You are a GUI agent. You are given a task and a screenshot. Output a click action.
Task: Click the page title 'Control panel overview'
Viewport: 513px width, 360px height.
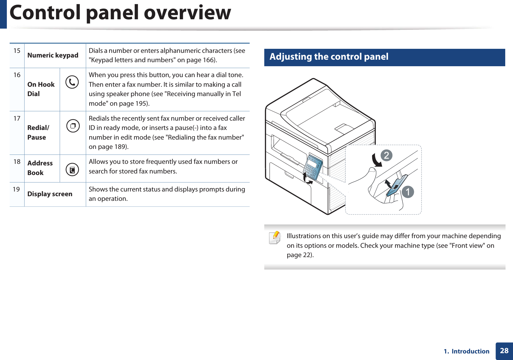[120, 13]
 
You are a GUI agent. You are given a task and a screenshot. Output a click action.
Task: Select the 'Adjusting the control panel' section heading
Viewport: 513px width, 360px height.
[329, 57]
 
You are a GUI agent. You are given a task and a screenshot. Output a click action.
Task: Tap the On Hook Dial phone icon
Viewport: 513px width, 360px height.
[72, 82]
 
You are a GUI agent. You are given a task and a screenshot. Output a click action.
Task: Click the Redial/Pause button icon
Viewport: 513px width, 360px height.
[73, 126]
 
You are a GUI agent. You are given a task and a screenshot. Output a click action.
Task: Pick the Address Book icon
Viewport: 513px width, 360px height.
[72, 170]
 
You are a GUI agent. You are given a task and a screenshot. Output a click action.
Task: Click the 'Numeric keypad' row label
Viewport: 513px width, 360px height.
[53, 55]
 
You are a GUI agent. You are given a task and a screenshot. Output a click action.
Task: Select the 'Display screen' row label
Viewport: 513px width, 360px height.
[50, 194]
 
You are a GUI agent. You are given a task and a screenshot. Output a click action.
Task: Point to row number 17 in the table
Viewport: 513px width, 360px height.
[17, 118]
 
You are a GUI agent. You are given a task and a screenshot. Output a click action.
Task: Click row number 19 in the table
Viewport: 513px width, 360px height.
[16, 189]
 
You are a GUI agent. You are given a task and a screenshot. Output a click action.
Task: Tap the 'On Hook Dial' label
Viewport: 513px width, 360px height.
[41, 89]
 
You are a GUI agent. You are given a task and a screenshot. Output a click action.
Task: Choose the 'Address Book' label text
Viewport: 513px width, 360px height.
[40, 168]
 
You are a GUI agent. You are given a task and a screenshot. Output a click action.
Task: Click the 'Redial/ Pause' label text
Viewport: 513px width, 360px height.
[38, 132]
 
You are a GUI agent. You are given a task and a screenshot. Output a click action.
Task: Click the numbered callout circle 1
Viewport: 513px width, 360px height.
[408, 192]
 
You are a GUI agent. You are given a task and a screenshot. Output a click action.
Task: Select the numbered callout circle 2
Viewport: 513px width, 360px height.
[386, 155]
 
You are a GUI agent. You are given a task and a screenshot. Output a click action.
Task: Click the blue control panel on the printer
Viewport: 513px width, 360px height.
[313, 167]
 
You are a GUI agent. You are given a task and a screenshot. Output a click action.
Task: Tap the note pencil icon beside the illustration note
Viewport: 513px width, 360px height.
[275, 238]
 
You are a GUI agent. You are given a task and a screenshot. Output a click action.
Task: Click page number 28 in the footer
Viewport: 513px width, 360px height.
[504, 351]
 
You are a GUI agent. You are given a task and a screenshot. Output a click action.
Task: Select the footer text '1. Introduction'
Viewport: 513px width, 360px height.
[466, 351]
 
